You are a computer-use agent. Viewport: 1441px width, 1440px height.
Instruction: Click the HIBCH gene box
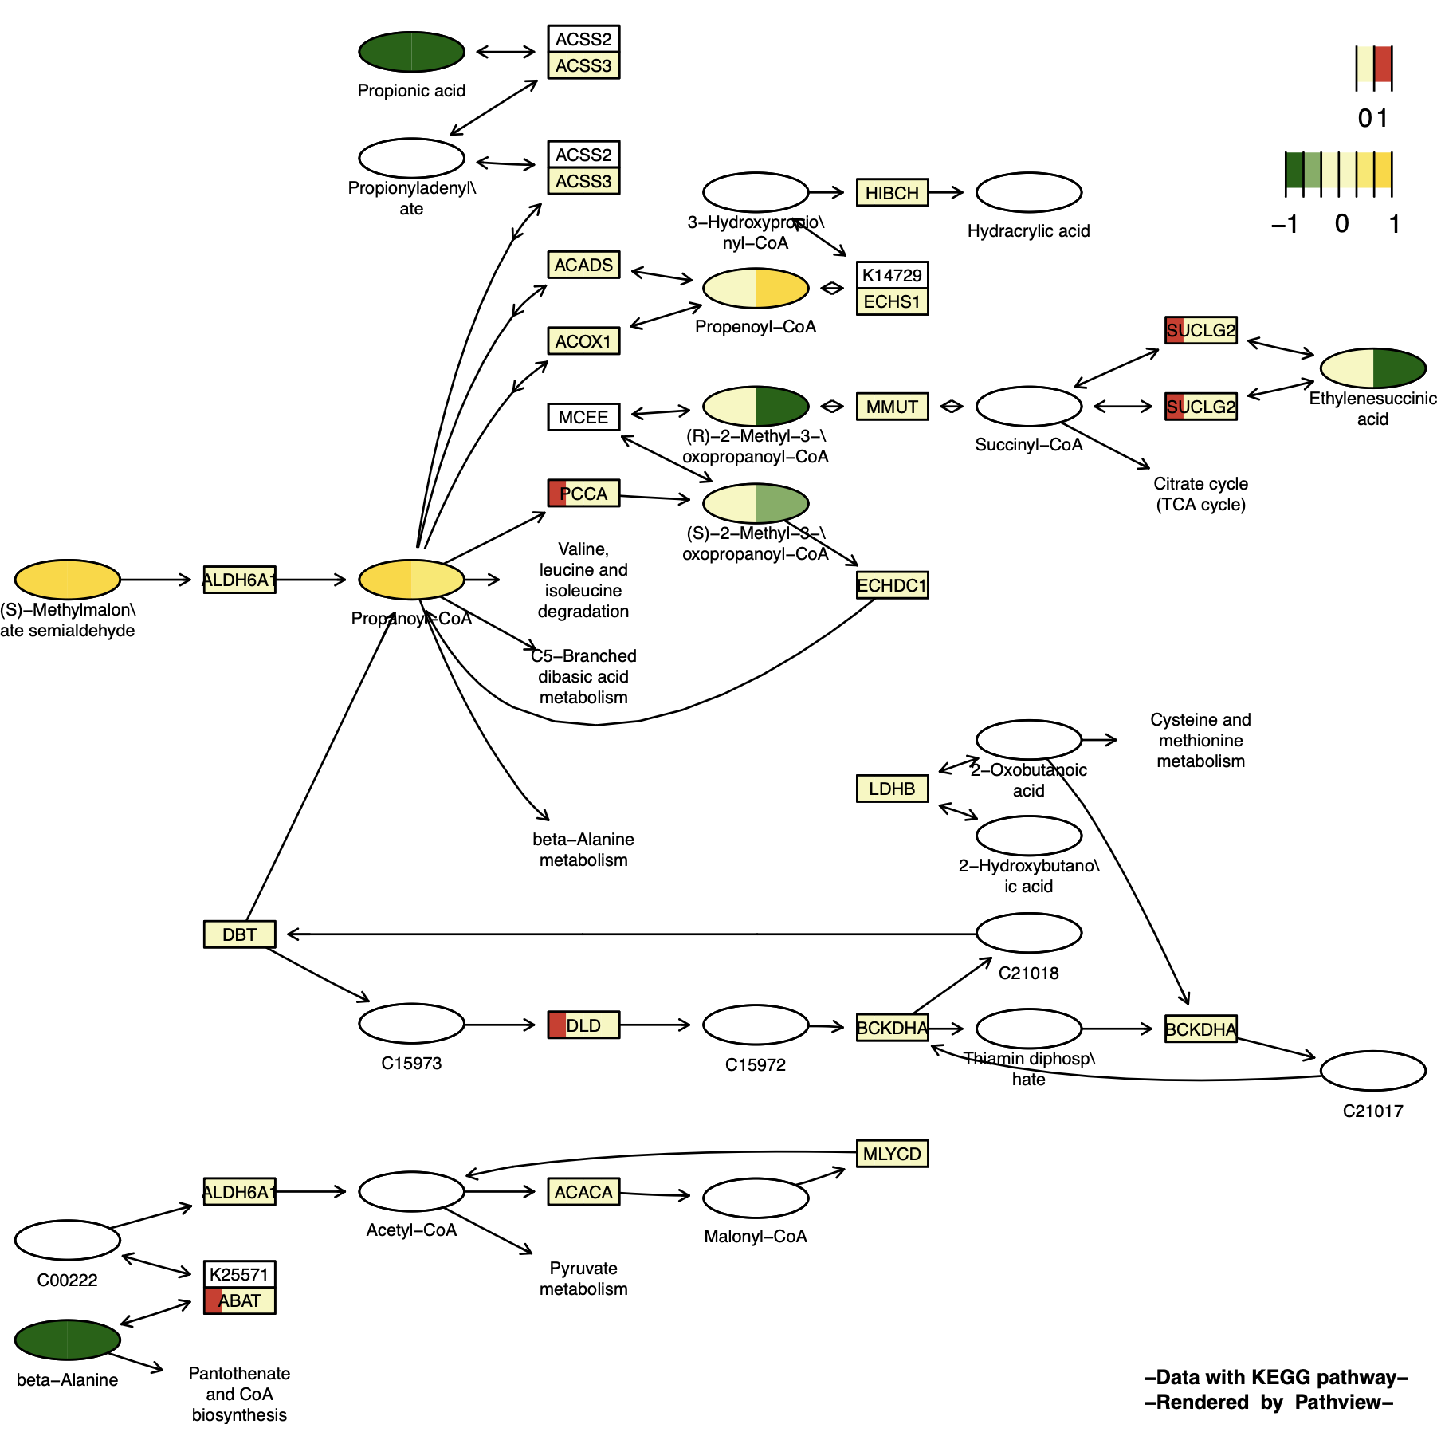[x=892, y=192]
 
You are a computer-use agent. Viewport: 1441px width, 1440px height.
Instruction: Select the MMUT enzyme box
[x=892, y=407]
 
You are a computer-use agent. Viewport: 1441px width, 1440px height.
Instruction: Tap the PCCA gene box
[x=583, y=494]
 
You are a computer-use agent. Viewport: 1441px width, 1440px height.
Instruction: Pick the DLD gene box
[x=583, y=1025]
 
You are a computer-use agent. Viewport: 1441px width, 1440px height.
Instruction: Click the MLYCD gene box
[x=892, y=1154]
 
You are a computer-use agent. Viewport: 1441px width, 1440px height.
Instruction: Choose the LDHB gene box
[x=892, y=789]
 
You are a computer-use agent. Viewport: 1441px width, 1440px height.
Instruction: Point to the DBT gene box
[x=239, y=934]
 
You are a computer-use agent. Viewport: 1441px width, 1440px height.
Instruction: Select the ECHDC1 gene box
[x=892, y=585]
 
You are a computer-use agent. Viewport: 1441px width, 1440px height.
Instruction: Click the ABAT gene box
[x=239, y=1300]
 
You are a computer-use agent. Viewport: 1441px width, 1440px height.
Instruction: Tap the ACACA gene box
[x=583, y=1192]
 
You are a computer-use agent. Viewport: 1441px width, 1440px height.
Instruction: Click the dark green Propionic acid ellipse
[x=411, y=52]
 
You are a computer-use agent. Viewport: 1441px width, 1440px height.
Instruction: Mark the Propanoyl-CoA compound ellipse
[x=411, y=580]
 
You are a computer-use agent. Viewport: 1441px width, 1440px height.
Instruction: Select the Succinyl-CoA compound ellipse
[x=1028, y=407]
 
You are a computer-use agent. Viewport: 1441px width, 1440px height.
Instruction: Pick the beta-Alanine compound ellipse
[x=68, y=1340]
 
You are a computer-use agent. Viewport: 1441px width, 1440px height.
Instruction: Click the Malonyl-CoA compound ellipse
[x=756, y=1198]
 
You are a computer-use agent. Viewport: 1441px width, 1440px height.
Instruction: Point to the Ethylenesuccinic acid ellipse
[x=1372, y=368]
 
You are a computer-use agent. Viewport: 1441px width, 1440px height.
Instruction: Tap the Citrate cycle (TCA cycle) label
[x=1200, y=494]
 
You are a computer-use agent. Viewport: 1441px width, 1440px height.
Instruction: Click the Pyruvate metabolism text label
[x=583, y=1278]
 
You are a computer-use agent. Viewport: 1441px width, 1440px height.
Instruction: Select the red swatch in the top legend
[x=1383, y=65]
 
